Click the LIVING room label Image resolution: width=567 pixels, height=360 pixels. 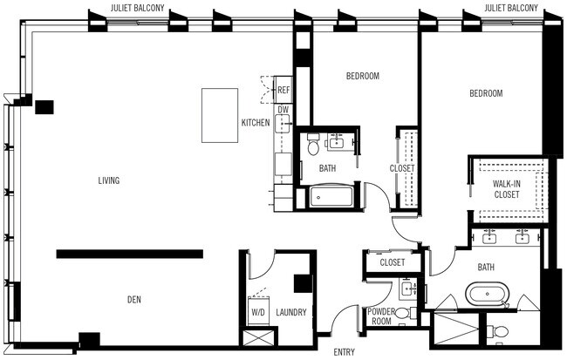109,180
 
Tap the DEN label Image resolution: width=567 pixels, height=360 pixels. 133,300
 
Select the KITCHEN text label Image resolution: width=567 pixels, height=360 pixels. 256,123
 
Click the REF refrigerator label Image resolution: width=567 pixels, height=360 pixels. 283,90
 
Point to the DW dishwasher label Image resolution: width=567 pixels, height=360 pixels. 283,110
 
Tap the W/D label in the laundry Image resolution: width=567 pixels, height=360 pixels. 258,310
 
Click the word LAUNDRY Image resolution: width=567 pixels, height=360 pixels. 290,310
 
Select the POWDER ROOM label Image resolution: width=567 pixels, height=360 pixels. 381,316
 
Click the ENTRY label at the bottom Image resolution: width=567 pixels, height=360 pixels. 345,352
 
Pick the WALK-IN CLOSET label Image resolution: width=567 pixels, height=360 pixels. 506,189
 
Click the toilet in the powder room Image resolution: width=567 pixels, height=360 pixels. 402,312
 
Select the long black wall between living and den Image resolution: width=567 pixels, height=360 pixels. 130,254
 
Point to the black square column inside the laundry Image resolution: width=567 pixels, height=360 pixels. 303,284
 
